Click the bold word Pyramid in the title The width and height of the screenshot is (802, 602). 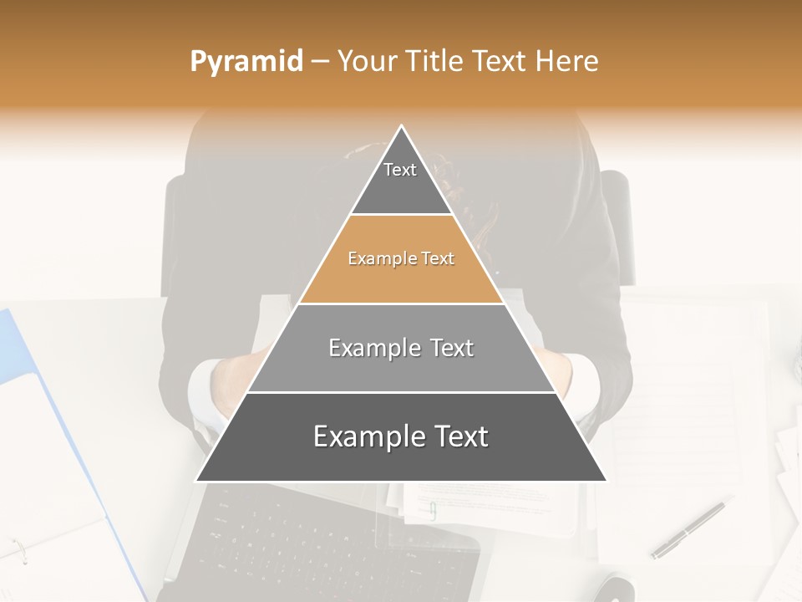tap(246, 62)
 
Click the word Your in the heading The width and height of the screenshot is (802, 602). tap(368, 62)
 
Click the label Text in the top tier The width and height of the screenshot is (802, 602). tap(400, 170)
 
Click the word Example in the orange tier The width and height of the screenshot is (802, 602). tap(376, 259)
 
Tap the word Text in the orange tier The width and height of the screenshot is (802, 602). tap(438, 259)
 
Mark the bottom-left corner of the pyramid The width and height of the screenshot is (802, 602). tap(197, 480)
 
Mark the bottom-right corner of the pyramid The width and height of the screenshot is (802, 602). tap(606, 480)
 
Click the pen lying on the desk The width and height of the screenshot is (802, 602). tap(688, 529)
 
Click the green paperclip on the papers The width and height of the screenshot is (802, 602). tap(432, 510)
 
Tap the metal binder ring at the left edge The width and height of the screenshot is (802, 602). tap(18, 549)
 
